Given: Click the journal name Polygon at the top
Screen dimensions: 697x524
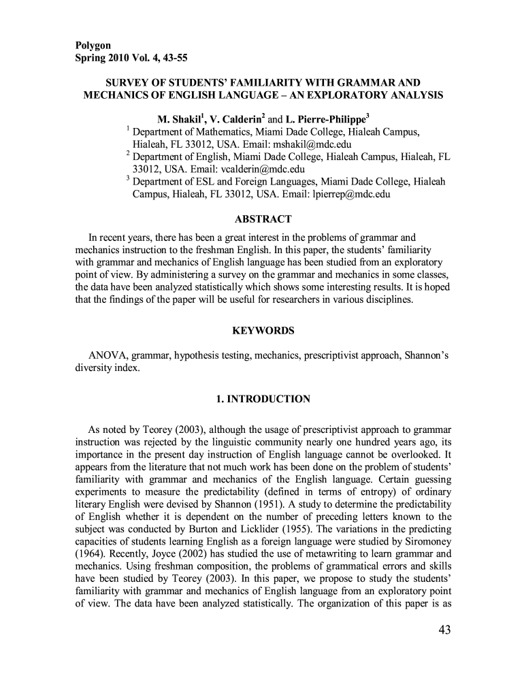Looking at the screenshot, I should pos(93,45).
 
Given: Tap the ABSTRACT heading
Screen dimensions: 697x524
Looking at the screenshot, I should pos(263,219).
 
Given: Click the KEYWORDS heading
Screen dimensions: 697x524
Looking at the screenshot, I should pos(263,331).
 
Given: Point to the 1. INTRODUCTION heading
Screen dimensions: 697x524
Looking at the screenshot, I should pos(263,399).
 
